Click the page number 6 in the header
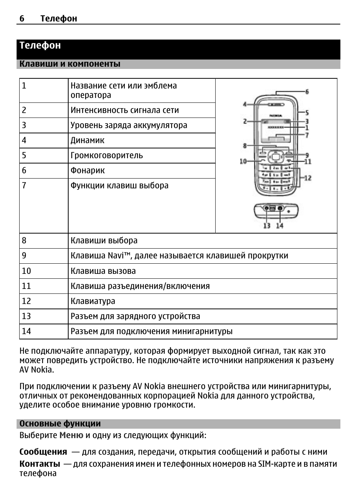tap(22, 18)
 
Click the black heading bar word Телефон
tap(40, 46)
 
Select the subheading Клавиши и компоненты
tap(70, 64)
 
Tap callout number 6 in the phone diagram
tap(307, 92)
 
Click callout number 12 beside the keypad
tap(308, 178)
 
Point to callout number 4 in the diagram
tap(245, 104)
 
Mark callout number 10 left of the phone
tap(243, 161)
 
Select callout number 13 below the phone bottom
tap(267, 226)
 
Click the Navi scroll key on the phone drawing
tap(276, 156)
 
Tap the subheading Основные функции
tap(60, 424)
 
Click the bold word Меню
tap(71, 435)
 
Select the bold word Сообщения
tap(43, 452)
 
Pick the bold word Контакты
tap(40, 464)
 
